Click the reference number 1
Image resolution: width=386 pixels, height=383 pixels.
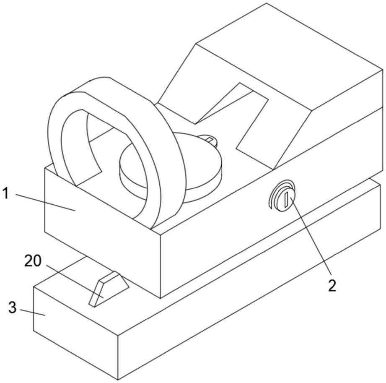tap(5, 193)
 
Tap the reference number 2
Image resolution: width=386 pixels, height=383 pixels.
tap(332, 286)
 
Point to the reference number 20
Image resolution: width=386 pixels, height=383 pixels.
tap(33, 261)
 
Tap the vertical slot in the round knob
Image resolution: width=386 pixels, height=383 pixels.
tap(286, 200)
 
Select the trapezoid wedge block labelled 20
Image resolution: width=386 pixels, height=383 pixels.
tap(109, 289)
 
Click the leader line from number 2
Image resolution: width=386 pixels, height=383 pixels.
tap(311, 236)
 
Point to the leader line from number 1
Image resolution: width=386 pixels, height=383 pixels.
tap(46, 202)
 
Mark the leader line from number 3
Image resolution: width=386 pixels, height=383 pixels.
tap(33, 312)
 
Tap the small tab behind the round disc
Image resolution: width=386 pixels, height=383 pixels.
tap(209, 140)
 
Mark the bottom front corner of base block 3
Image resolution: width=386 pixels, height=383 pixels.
tap(118, 380)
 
